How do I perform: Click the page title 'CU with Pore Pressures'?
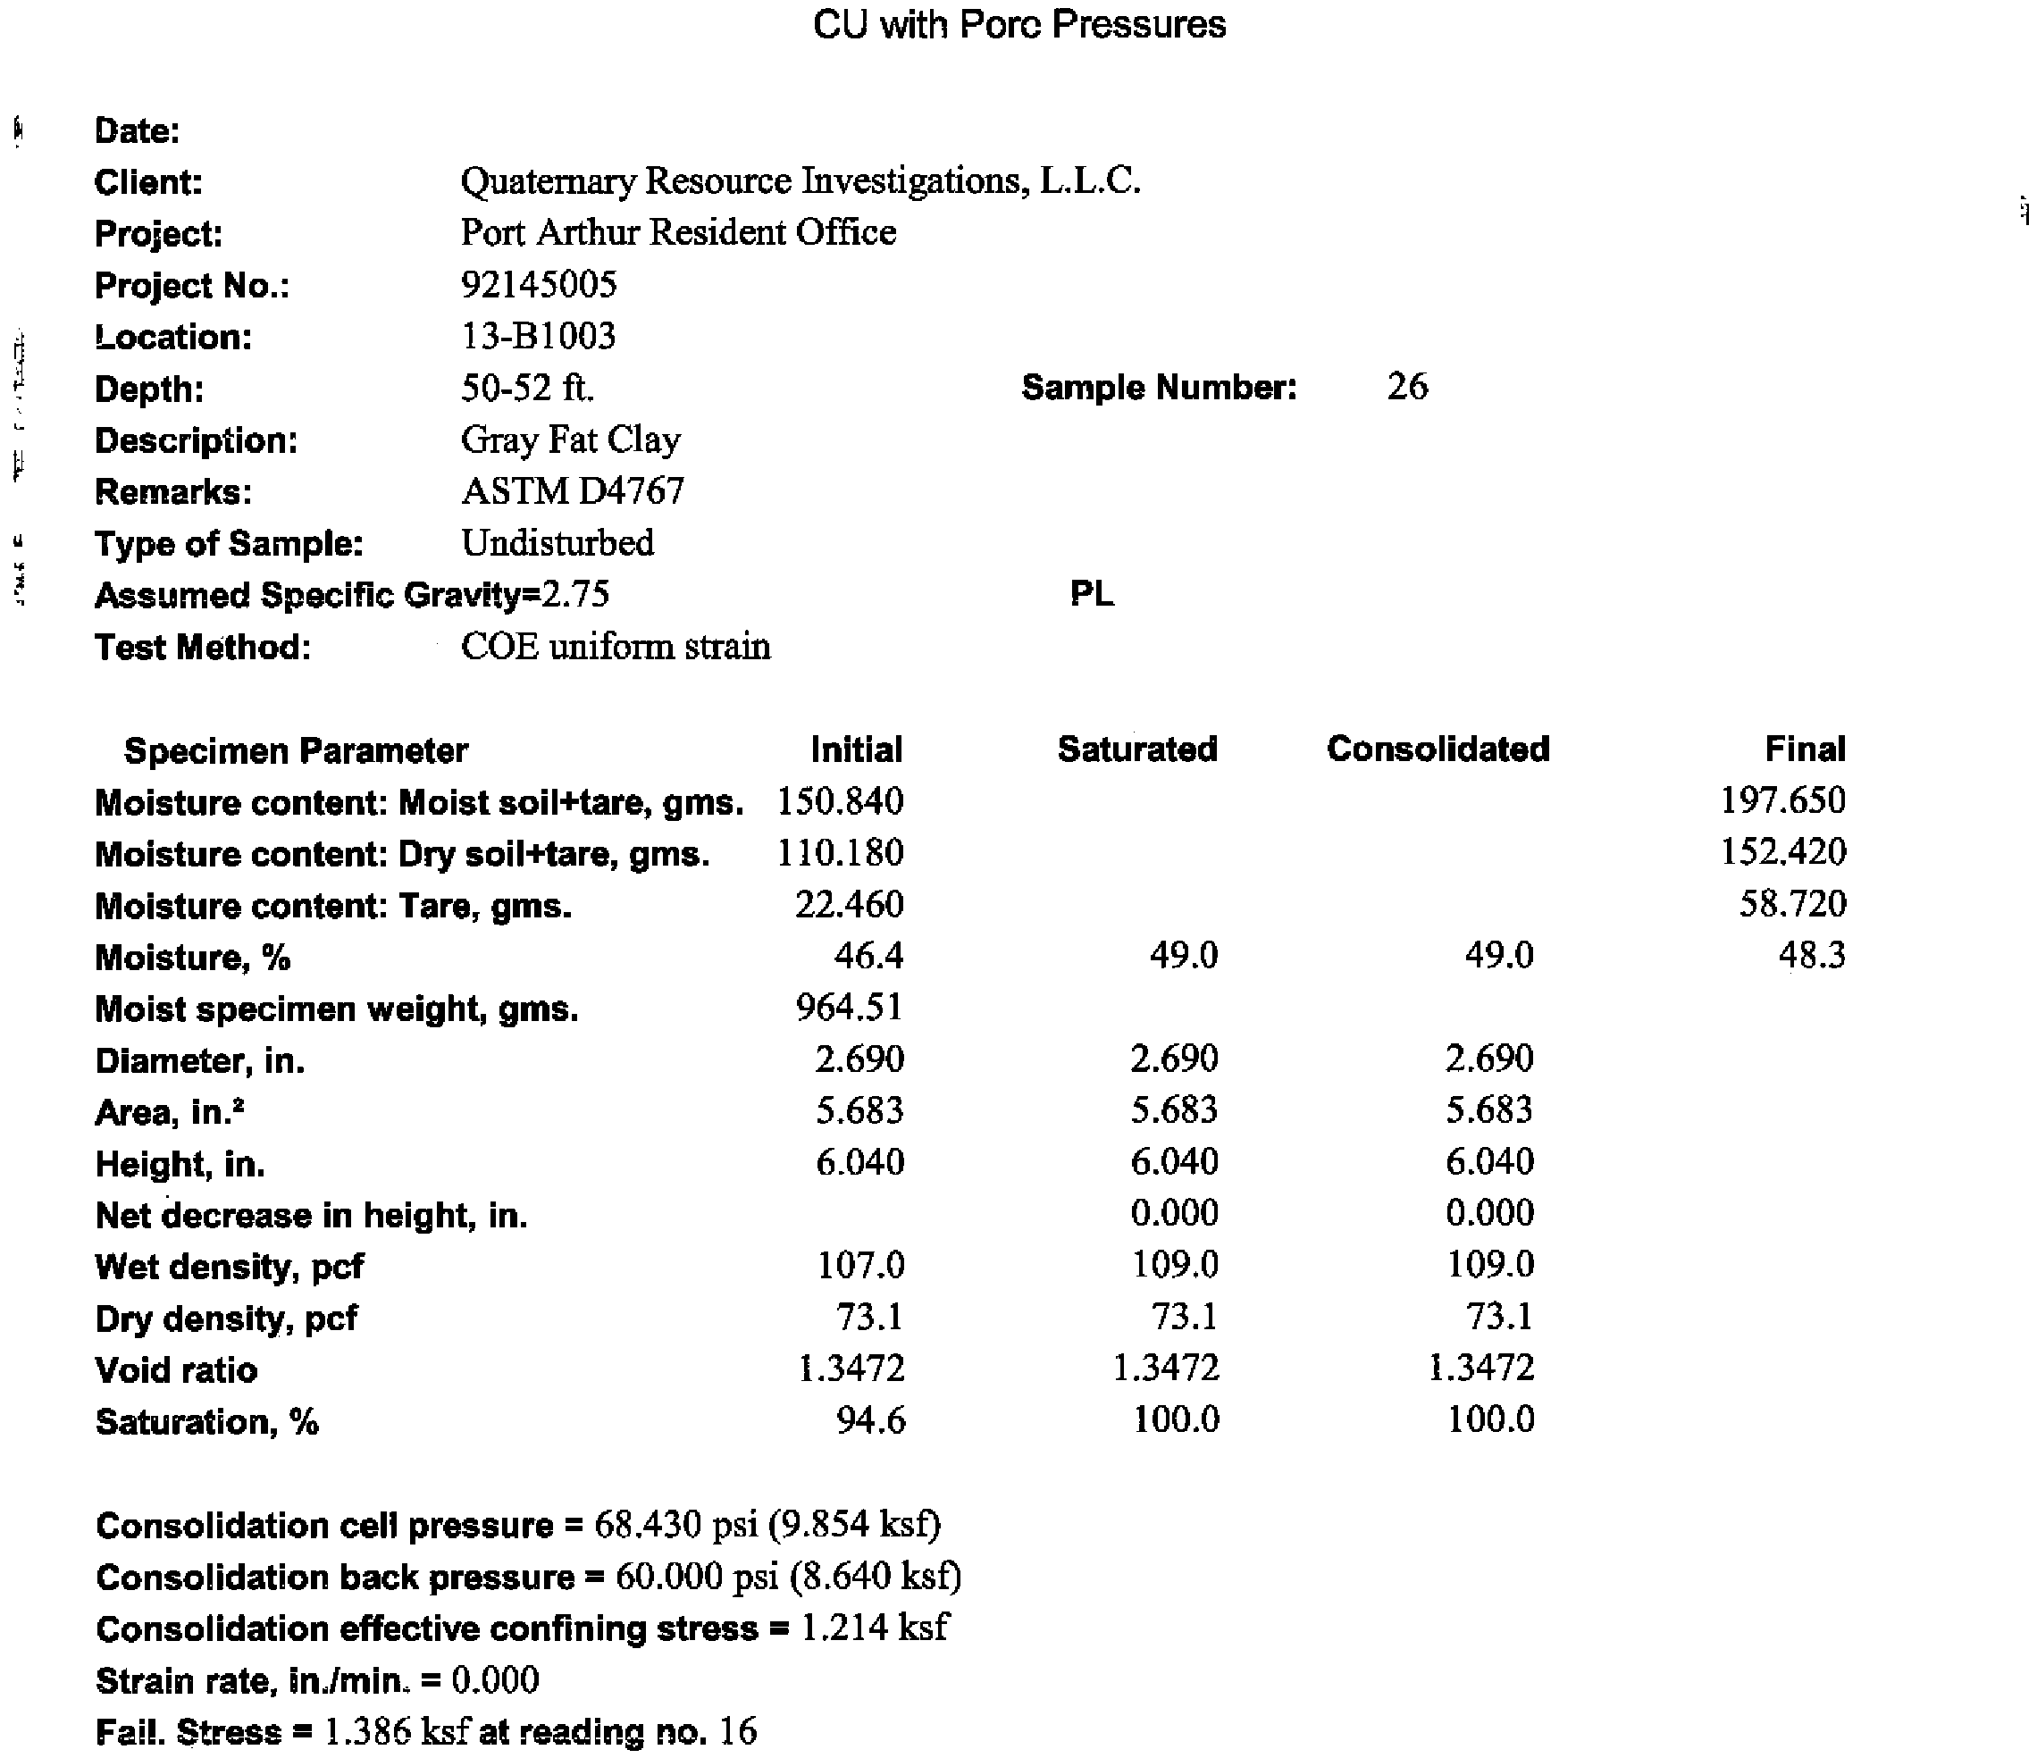(x=1019, y=25)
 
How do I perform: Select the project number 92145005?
(x=539, y=284)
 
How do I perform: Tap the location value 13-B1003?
(x=539, y=336)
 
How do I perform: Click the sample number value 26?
(x=1407, y=387)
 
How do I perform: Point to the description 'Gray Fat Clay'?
(x=570, y=439)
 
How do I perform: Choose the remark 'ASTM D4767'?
(x=572, y=490)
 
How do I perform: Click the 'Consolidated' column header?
(x=1438, y=749)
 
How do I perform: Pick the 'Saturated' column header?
(x=1137, y=749)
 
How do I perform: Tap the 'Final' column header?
(x=1805, y=749)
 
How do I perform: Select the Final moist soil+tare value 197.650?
(x=1782, y=800)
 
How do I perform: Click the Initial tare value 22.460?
(x=850, y=904)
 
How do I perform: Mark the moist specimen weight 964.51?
(x=850, y=1007)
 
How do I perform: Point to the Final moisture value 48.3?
(x=1812, y=955)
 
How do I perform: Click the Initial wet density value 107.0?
(x=860, y=1264)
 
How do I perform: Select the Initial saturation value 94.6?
(x=870, y=1419)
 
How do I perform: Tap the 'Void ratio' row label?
(x=176, y=1369)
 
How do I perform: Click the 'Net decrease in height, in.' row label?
(x=311, y=1215)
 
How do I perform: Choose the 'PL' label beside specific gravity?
(x=1091, y=594)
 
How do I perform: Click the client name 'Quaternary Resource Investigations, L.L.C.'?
(x=801, y=181)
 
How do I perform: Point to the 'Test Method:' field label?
(x=203, y=647)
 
